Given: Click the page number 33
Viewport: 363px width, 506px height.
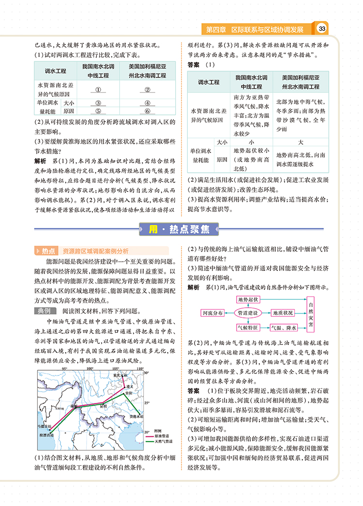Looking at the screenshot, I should [322, 30].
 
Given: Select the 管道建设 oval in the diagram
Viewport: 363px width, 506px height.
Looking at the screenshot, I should [248, 313].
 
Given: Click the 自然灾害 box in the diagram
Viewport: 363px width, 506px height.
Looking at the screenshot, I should [310, 313].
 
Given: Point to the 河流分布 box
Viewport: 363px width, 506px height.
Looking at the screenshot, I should [212, 313].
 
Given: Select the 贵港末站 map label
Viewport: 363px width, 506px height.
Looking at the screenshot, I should [137, 417].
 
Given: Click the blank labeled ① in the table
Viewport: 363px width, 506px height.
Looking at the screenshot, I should [98, 89].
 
